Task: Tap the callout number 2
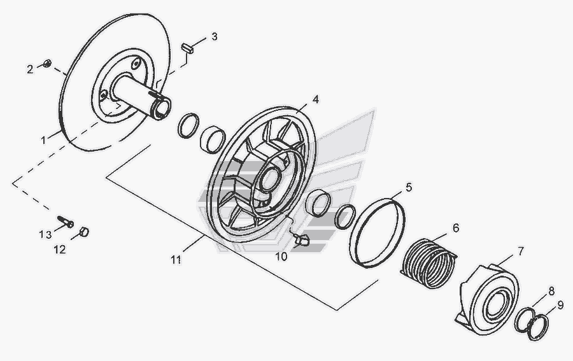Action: [x=29, y=69]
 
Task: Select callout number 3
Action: [x=215, y=37]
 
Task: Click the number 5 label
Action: [x=409, y=187]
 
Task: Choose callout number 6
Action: [x=456, y=227]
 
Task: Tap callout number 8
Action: [x=551, y=290]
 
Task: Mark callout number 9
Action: [x=560, y=304]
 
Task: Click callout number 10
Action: [x=281, y=257]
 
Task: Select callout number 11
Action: [x=176, y=259]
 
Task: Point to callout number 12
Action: [x=59, y=250]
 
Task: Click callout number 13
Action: [x=45, y=234]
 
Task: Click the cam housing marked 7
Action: [x=487, y=298]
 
